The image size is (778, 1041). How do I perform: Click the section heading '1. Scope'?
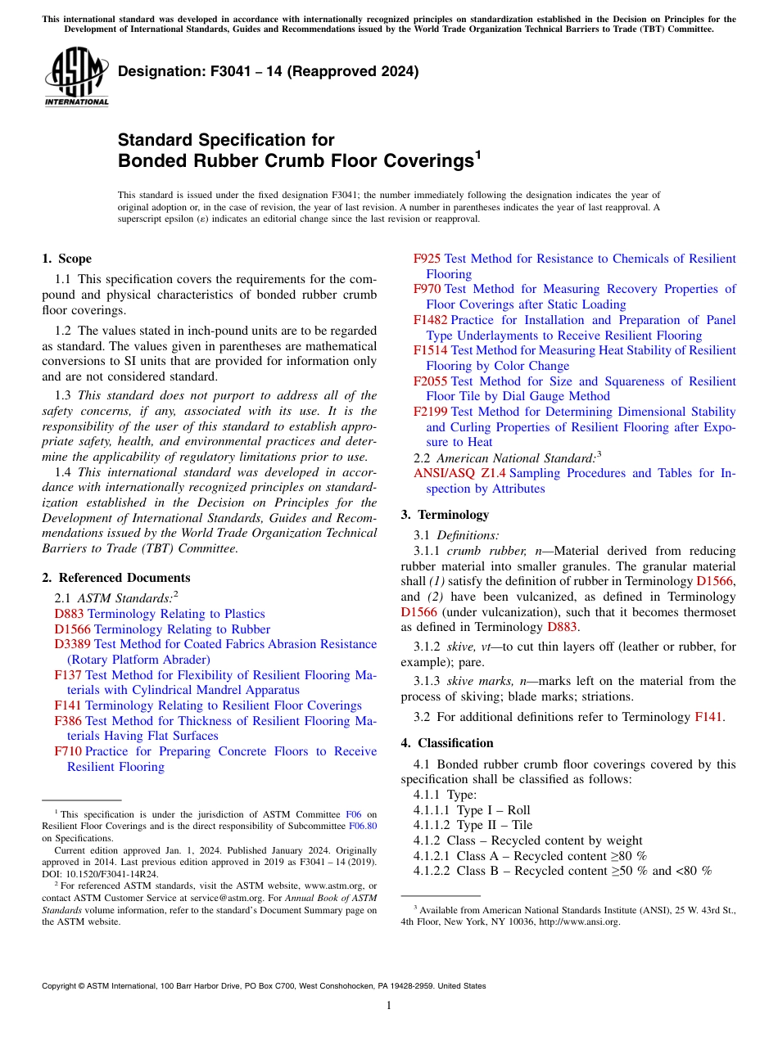[66, 259]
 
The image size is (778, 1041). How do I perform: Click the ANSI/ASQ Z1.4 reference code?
[459, 473]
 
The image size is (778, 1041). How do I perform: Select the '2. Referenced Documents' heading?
[115, 578]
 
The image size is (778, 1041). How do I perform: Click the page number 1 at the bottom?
[389, 1006]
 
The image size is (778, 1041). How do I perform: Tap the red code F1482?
[431, 320]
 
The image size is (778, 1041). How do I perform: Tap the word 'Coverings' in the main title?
[429, 160]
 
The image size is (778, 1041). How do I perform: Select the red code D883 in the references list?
[69, 614]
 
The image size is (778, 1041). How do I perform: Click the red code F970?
[427, 289]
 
